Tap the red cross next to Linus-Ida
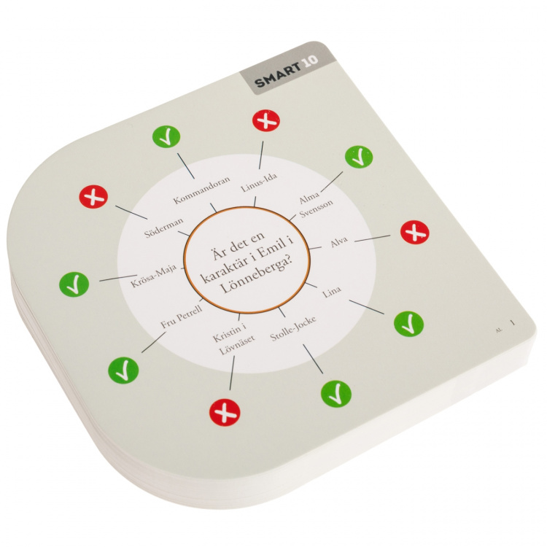266,120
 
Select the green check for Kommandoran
166,137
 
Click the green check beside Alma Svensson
359,157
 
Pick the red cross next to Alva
414,232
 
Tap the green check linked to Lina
409,324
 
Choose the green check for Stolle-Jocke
336,394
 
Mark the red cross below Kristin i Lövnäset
225,414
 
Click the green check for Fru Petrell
123,370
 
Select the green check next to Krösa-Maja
74,284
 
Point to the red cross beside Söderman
93,197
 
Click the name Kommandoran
202,190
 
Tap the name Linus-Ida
259,182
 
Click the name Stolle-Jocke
293,329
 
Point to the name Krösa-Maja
154,276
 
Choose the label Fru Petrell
182,317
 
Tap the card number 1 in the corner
513,322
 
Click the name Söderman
164,228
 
